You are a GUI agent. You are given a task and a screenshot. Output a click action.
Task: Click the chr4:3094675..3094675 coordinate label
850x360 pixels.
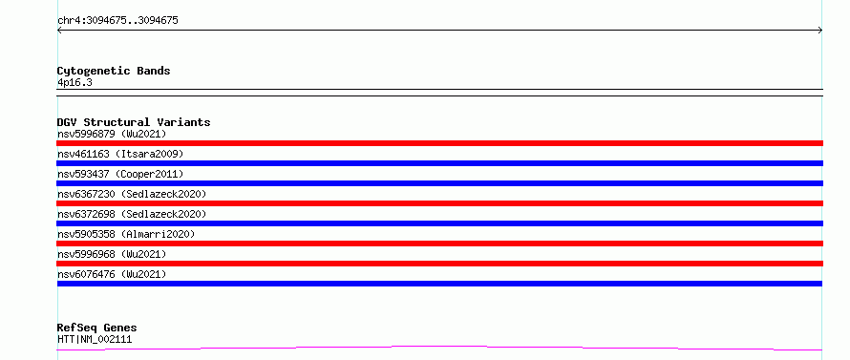click(x=117, y=21)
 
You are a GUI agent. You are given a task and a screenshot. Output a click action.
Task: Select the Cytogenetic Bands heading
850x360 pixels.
click(x=114, y=71)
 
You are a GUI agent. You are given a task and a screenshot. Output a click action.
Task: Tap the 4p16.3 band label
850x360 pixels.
click(x=74, y=82)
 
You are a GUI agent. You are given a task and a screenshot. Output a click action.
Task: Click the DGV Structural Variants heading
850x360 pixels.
click(x=134, y=122)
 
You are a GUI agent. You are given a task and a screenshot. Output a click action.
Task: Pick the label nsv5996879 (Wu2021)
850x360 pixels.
click(x=112, y=134)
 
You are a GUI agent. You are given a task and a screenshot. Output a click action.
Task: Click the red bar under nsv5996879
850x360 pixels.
click(x=439, y=143)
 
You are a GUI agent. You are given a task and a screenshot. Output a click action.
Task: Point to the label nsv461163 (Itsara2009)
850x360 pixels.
click(x=120, y=154)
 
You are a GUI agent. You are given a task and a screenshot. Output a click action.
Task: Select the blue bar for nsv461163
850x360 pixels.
click(x=439, y=163)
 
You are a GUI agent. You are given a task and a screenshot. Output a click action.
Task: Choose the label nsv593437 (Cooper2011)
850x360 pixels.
click(x=120, y=174)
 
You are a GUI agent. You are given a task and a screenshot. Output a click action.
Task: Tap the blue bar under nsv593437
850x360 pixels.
click(x=439, y=183)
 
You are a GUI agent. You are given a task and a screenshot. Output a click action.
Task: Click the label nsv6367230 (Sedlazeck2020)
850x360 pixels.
click(x=132, y=194)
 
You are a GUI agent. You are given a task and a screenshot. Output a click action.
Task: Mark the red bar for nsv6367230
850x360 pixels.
click(x=439, y=203)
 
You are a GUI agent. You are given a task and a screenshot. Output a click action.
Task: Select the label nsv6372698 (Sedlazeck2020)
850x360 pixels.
click(x=132, y=214)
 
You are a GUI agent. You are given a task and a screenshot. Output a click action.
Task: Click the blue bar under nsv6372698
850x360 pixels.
click(x=439, y=223)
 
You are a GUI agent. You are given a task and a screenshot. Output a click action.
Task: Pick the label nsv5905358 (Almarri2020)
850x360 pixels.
click(x=126, y=234)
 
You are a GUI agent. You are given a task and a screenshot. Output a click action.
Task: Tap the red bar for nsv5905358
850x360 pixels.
click(x=439, y=244)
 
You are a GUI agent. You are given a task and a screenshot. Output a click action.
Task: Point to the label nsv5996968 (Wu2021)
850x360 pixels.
click(x=112, y=254)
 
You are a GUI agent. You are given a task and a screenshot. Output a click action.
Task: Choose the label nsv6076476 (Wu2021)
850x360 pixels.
click(x=112, y=274)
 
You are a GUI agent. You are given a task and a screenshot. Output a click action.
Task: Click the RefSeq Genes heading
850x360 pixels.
click(x=97, y=328)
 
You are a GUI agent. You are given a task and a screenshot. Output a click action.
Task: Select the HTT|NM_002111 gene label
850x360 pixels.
click(x=95, y=339)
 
